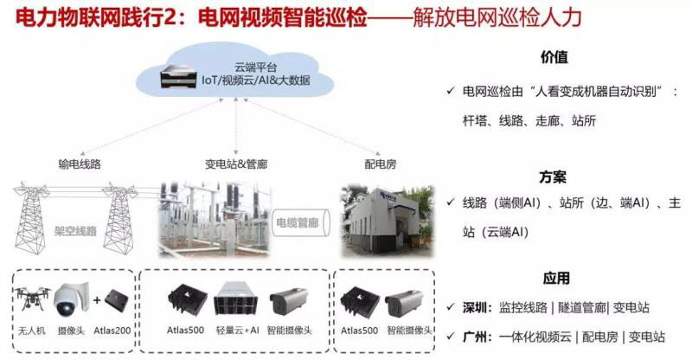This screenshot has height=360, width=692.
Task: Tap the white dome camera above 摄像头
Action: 69,301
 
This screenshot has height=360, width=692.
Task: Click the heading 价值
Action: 554,58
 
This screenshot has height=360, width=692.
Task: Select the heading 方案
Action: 554,177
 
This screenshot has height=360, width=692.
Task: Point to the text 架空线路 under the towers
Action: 78,232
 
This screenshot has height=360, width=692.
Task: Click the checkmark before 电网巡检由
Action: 451,91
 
